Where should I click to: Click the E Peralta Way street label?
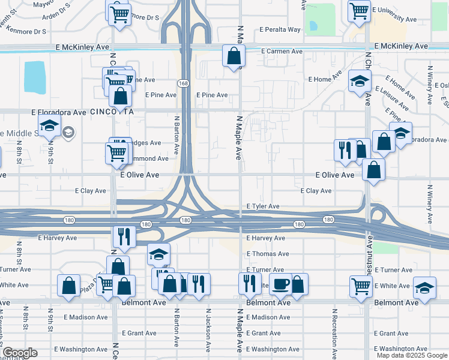point(280,29)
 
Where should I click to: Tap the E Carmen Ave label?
point(281,52)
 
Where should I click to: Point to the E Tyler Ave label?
point(263,206)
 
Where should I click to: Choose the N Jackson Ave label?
point(208,329)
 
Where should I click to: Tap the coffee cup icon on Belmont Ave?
point(280,285)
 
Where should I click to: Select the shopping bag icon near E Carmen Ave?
point(234,56)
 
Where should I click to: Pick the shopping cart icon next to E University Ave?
point(359,10)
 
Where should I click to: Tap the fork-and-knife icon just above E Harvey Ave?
point(124,236)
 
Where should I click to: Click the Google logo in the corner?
point(20,353)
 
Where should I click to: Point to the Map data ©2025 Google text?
point(411,355)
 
